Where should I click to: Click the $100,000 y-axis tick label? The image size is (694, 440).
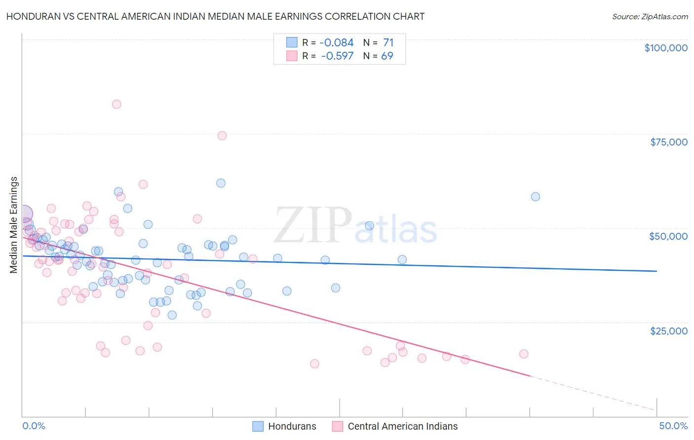click(x=665, y=48)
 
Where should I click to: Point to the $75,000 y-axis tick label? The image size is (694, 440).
click(x=668, y=142)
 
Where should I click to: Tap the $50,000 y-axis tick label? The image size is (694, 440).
click(x=668, y=236)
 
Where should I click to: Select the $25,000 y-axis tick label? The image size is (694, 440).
click(x=668, y=331)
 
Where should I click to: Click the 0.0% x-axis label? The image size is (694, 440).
click(x=34, y=426)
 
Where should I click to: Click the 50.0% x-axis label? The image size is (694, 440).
click(x=673, y=426)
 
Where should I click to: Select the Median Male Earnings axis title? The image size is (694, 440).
click(x=14, y=224)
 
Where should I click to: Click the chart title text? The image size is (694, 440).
click(x=215, y=16)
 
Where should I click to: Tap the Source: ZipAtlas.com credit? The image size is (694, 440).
click(x=650, y=16)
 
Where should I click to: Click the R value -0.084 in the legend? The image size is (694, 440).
click(x=337, y=43)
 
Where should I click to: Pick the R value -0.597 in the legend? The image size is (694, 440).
click(x=337, y=56)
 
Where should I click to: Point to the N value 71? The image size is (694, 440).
click(x=388, y=43)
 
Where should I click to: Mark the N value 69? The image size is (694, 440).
click(x=387, y=56)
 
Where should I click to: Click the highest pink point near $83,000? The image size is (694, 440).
click(x=116, y=104)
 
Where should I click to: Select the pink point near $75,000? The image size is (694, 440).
click(x=222, y=136)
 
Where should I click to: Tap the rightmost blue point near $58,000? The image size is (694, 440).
click(x=536, y=197)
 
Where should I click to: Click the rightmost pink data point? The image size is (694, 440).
click(x=524, y=354)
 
